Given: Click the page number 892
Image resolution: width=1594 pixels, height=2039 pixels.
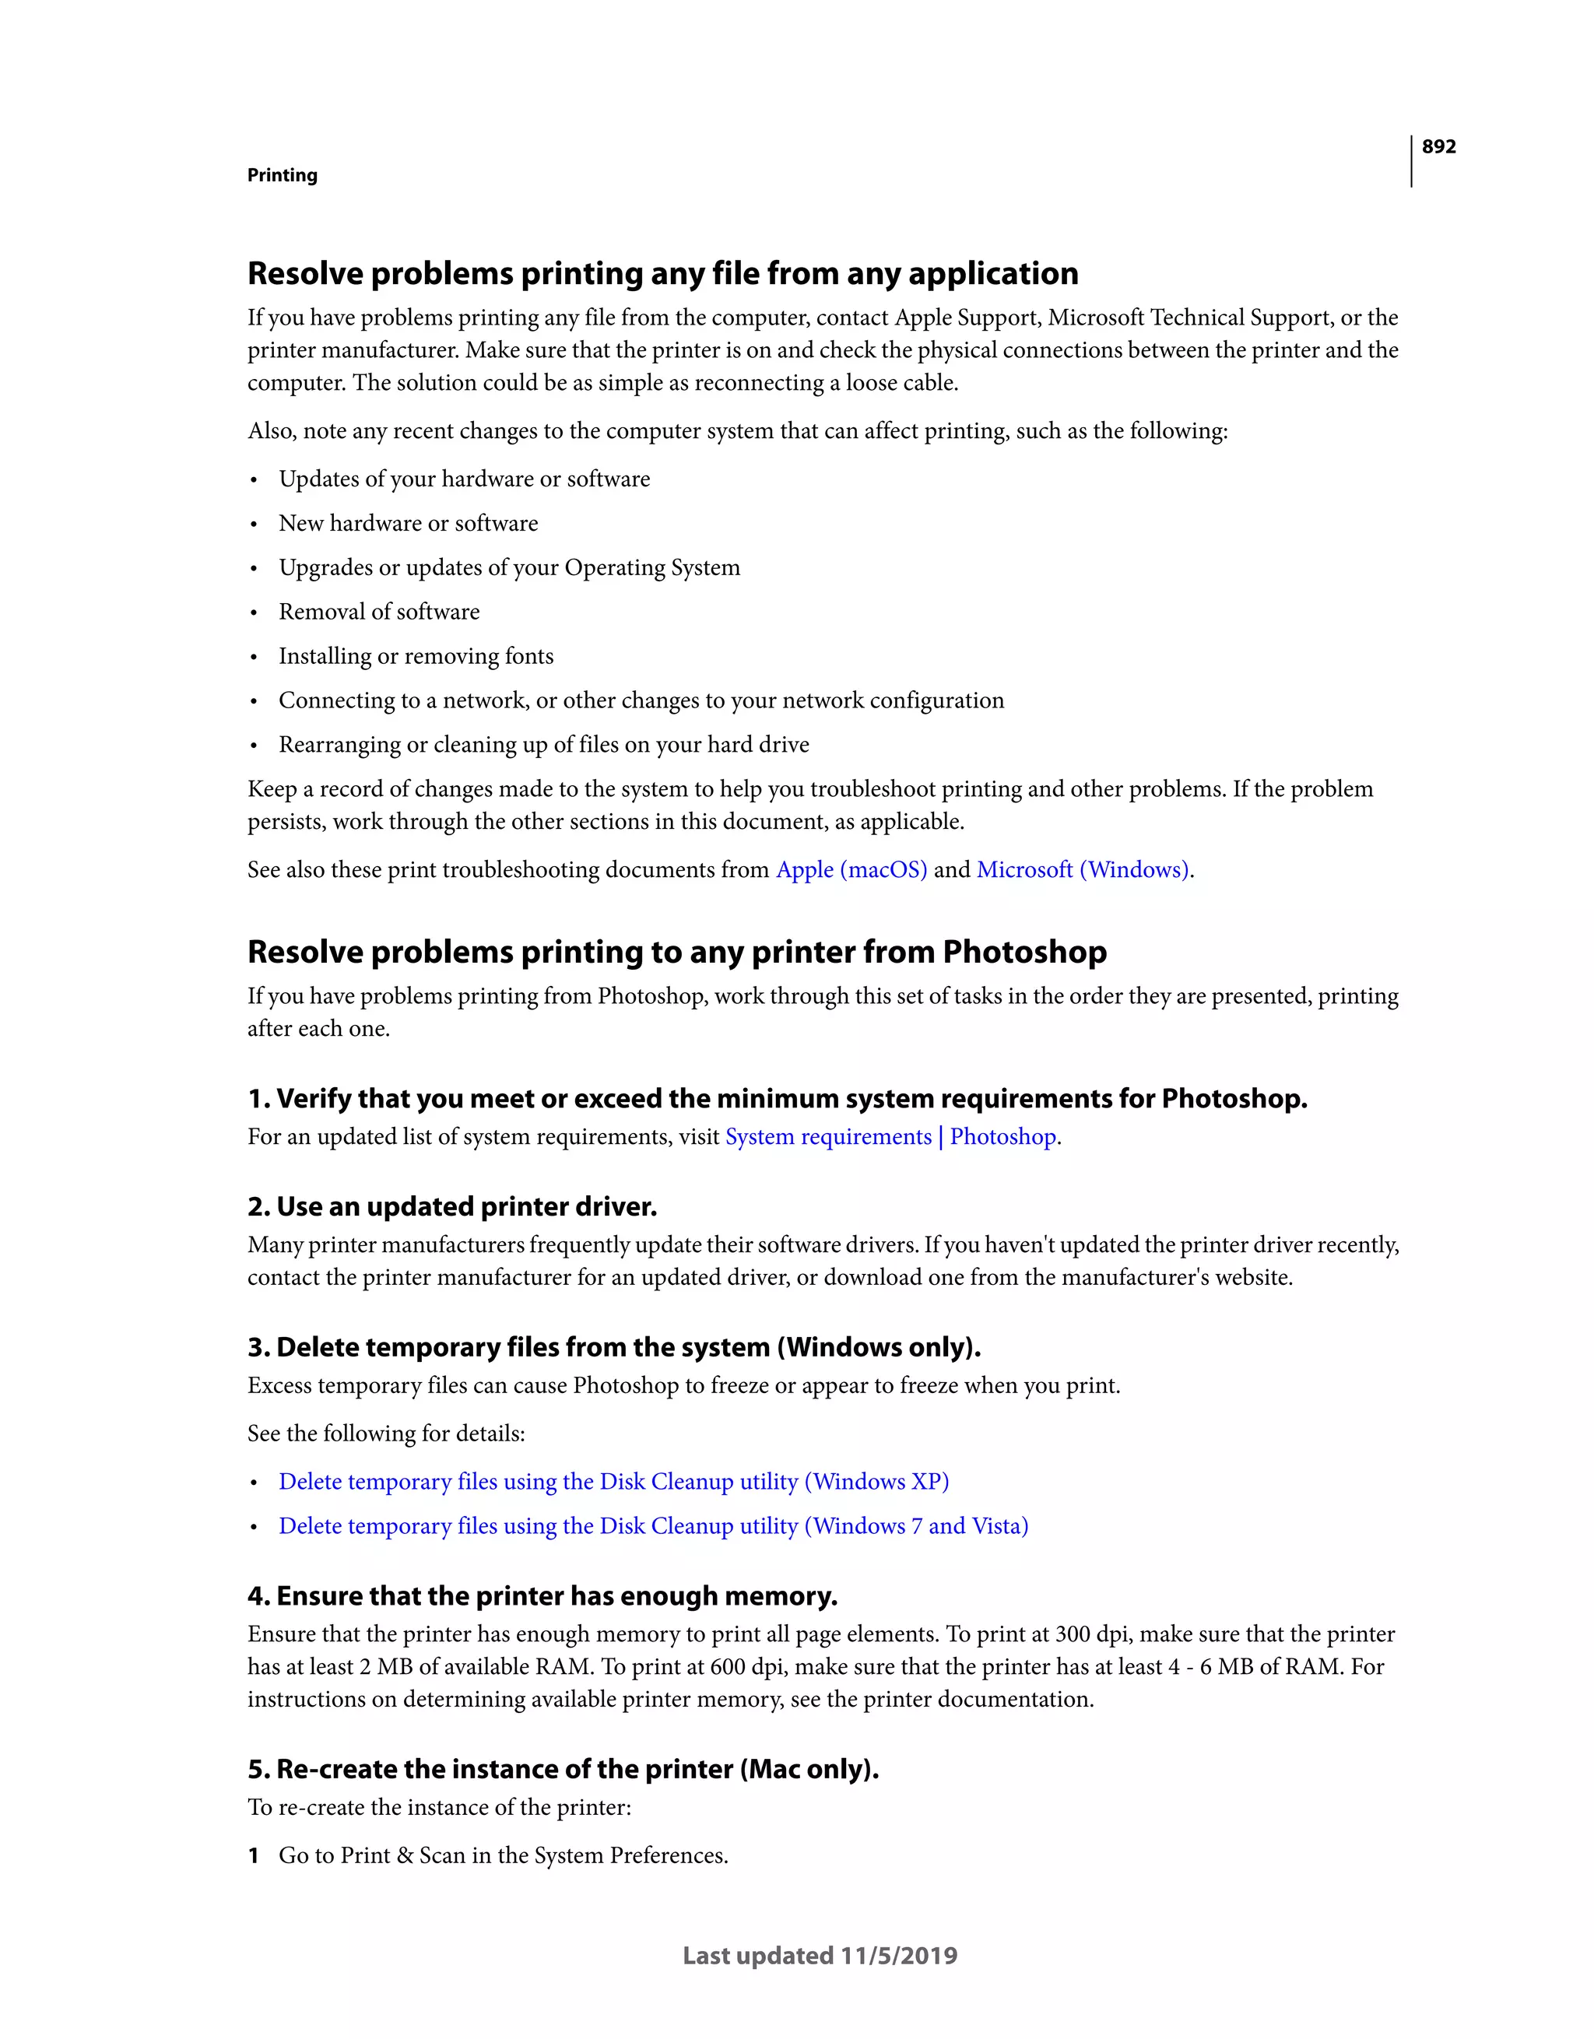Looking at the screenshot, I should pyautogui.click(x=1438, y=146).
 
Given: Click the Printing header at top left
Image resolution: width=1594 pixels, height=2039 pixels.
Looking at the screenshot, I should pyautogui.click(x=282, y=176).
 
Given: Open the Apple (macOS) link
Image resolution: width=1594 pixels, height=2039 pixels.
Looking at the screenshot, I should pyautogui.click(x=851, y=870).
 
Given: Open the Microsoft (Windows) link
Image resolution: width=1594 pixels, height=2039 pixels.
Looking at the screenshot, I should pyautogui.click(x=1083, y=870).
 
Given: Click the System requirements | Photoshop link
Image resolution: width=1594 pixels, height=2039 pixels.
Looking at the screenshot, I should pyautogui.click(x=892, y=1137).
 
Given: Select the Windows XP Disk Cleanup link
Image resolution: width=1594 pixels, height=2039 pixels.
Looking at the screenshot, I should pyautogui.click(x=613, y=1482).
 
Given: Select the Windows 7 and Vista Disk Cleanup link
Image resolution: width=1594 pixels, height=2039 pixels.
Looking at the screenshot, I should pyautogui.click(x=653, y=1525).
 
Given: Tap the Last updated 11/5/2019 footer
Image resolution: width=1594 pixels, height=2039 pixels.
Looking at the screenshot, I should pyautogui.click(x=820, y=1956).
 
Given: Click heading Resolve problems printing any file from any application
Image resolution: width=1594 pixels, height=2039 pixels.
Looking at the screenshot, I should pyautogui.click(x=662, y=273).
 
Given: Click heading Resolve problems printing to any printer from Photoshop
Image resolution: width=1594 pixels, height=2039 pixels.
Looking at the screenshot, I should pyautogui.click(x=676, y=953).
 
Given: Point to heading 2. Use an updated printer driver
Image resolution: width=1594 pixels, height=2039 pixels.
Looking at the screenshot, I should pyautogui.click(x=452, y=1207).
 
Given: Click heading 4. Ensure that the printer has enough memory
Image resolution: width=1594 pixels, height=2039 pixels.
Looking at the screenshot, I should pyautogui.click(x=542, y=1596).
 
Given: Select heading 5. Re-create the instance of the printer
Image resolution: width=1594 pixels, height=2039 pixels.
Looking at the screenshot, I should pyautogui.click(x=562, y=1769).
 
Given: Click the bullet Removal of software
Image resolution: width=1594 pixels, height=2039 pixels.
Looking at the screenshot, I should pyautogui.click(x=379, y=612).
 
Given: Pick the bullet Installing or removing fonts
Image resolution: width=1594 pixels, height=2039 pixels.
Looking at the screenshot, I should pyautogui.click(x=416, y=656).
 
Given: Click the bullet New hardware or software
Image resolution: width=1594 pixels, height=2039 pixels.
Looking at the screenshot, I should pyautogui.click(x=408, y=524).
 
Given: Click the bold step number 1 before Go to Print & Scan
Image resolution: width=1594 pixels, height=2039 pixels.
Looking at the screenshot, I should pyautogui.click(x=253, y=1856).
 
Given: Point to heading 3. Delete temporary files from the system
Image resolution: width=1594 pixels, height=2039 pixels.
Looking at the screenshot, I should pyautogui.click(x=613, y=1348).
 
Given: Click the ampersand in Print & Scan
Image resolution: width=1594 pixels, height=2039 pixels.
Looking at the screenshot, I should pyautogui.click(x=404, y=1856).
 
